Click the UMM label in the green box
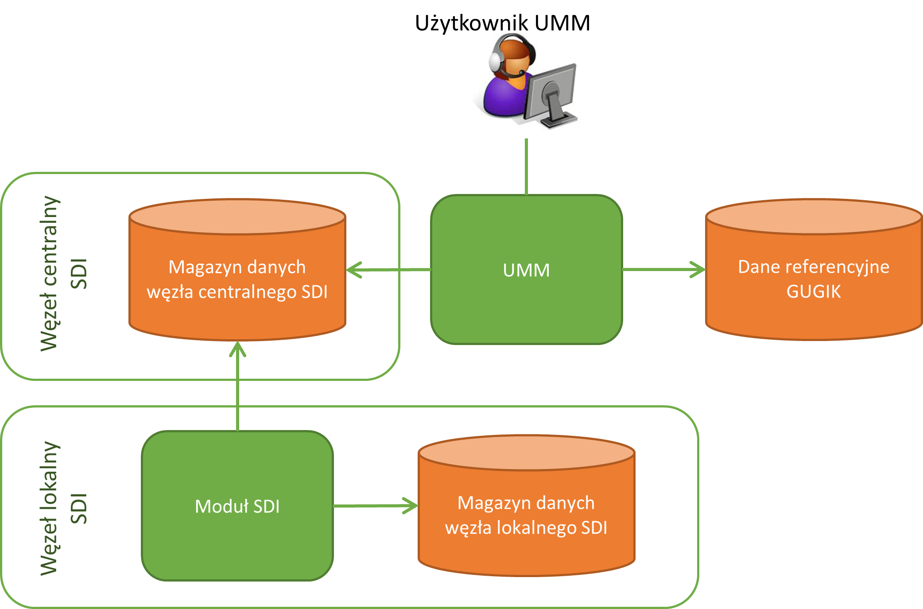(x=526, y=270)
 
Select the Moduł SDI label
(x=237, y=506)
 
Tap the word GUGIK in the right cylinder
(x=814, y=291)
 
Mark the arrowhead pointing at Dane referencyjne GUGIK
(x=698, y=269)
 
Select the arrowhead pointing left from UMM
(x=353, y=270)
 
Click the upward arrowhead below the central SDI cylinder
(x=237, y=349)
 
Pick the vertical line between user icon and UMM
(x=526, y=166)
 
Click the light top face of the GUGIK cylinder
(x=814, y=216)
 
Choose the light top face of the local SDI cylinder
(x=527, y=452)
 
